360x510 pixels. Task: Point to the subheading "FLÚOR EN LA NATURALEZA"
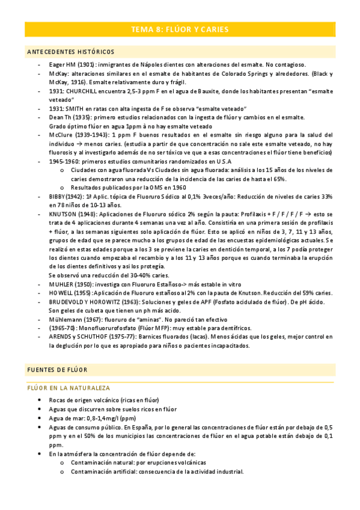click(x=69, y=388)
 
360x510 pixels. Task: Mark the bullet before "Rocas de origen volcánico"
click(x=40, y=400)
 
